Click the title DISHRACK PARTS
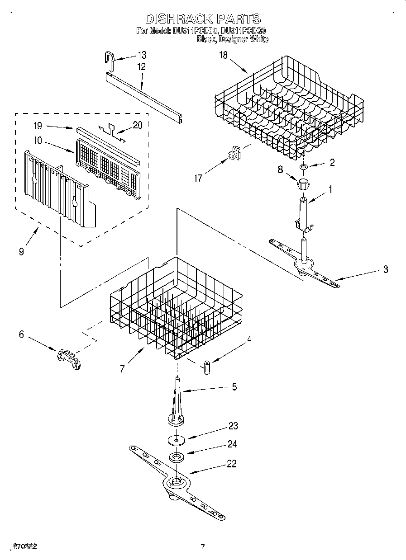(203, 19)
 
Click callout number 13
(142, 55)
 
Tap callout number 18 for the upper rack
(223, 56)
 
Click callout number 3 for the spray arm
(385, 269)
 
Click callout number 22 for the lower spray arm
(231, 464)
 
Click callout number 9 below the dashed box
(21, 252)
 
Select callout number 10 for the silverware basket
(38, 141)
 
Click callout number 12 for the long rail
(142, 66)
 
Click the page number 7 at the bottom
(203, 547)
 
